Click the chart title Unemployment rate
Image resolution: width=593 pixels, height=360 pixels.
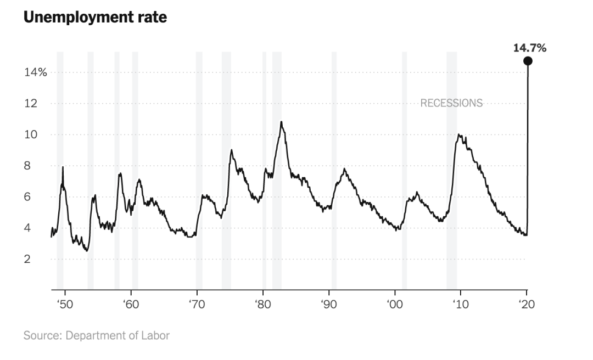95,17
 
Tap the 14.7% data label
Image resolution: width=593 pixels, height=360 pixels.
529,48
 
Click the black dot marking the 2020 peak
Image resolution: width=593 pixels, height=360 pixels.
528,61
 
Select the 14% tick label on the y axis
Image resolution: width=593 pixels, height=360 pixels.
35,72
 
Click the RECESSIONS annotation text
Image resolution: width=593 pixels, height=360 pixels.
451,103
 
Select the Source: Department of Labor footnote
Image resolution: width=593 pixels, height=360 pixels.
96,335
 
